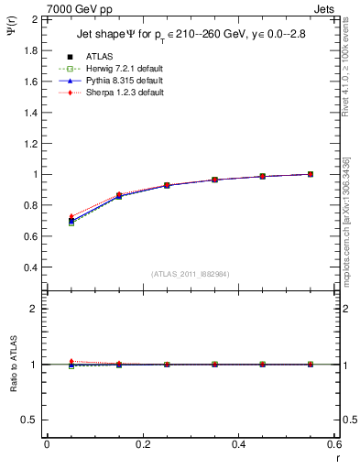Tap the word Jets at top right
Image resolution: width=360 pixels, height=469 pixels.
tap(327, 7)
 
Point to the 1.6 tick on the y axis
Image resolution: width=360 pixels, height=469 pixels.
tap(30, 81)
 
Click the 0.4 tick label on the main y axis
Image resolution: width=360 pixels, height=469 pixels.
tap(30, 267)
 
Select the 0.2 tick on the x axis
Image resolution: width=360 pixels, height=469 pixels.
tap(143, 443)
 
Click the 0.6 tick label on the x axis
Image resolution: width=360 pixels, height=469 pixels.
tap(334, 443)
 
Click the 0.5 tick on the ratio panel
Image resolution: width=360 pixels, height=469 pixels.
tap(30, 419)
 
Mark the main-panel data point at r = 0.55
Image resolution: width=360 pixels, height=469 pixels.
tap(311, 174)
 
